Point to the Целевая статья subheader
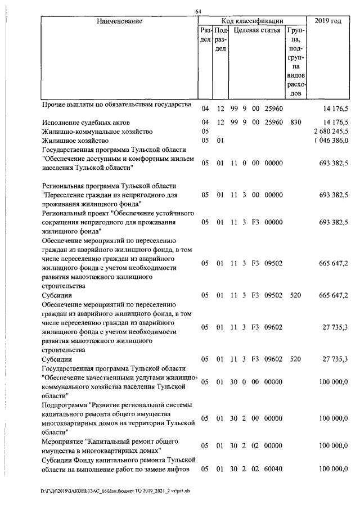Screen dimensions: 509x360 [257, 30]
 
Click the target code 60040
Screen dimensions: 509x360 [273, 469]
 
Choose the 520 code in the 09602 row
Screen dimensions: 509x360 [295, 358]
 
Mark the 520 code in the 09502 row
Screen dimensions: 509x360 [295, 294]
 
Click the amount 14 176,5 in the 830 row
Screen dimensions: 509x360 [335, 122]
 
